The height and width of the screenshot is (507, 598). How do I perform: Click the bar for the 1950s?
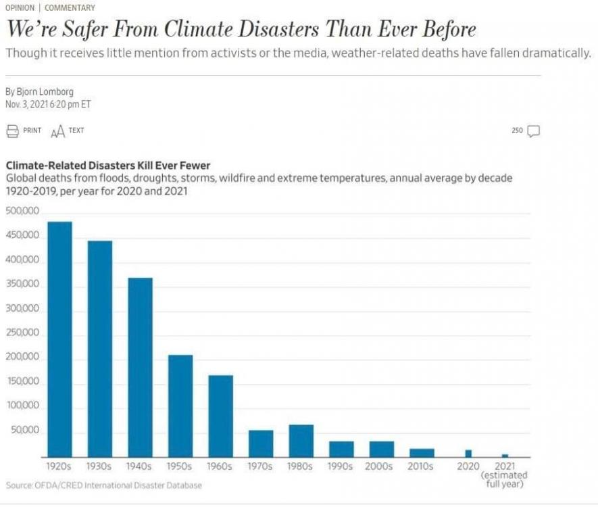(x=180, y=406)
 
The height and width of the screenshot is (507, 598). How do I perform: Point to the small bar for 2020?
(x=468, y=454)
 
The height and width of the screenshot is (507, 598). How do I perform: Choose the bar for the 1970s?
(x=261, y=443)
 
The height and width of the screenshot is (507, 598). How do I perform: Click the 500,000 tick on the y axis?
(x=22, y=212)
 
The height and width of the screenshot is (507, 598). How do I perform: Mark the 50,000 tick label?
(x=24, y=431)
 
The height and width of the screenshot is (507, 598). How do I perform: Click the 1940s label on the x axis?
(x=140, y=466)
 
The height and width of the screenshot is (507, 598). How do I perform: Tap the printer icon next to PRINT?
(x=12, y=131)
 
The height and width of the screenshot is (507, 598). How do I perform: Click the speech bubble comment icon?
(x=533, y=131)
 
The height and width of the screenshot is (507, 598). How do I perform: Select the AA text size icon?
(x=58, y=131)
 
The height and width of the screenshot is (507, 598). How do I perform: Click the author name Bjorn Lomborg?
(x=45, y=91)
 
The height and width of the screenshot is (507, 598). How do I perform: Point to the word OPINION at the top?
(x=20, y=8)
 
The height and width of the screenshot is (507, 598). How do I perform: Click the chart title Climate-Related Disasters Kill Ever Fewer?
(x=108, y=166)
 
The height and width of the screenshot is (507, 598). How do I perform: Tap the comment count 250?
(x=518, y=130)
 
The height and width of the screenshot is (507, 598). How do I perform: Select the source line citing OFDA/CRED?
(x=103, y=485)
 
